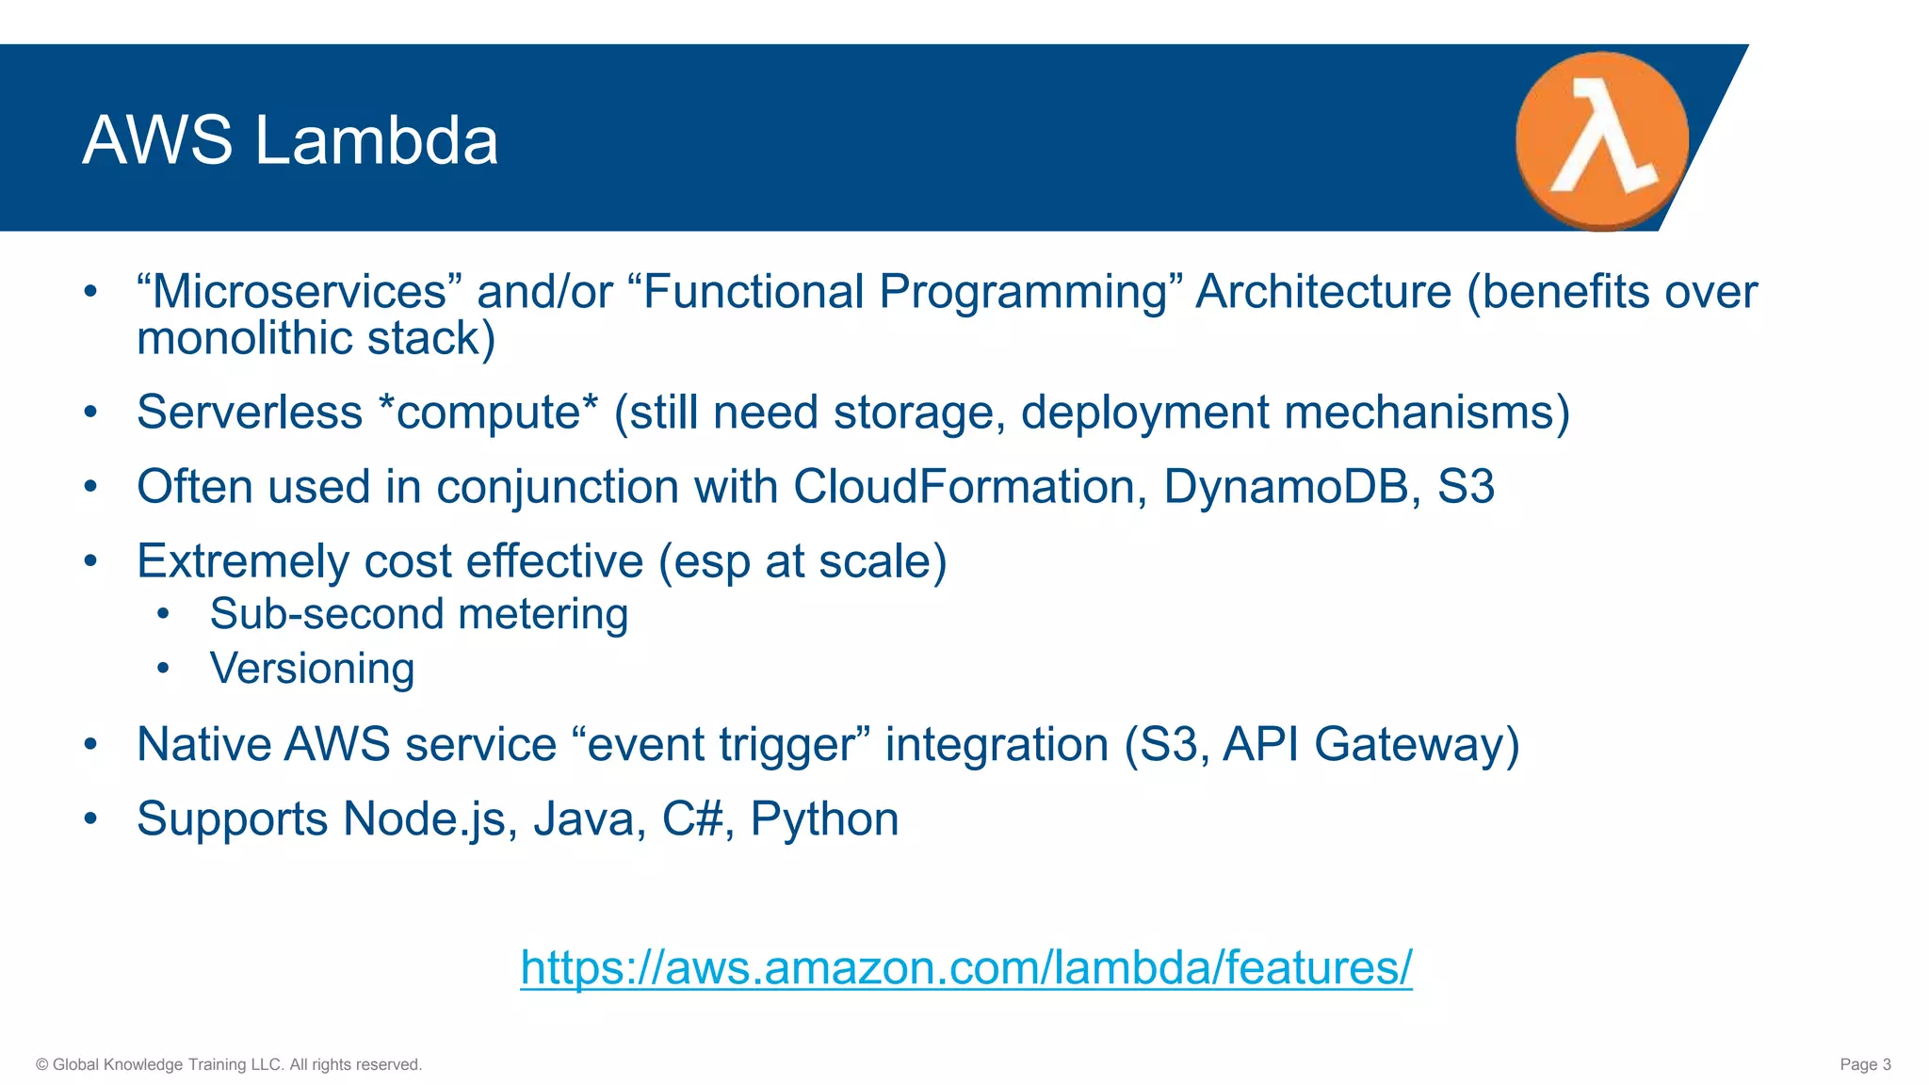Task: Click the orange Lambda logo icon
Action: coord(1601,140)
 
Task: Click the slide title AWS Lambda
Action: coord(290,140)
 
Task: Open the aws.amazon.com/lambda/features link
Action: coord(965,967)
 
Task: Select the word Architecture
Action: coord(1323,292)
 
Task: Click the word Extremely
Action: coord(242,561)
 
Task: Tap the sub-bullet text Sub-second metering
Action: coord(418,614)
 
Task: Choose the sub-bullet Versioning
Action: coord(312,669)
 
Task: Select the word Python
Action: coord(824,818)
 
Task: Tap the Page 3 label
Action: coord(1865,1064)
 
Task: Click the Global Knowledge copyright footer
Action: coord(229,1064)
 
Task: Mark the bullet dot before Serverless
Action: coord(90,413)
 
